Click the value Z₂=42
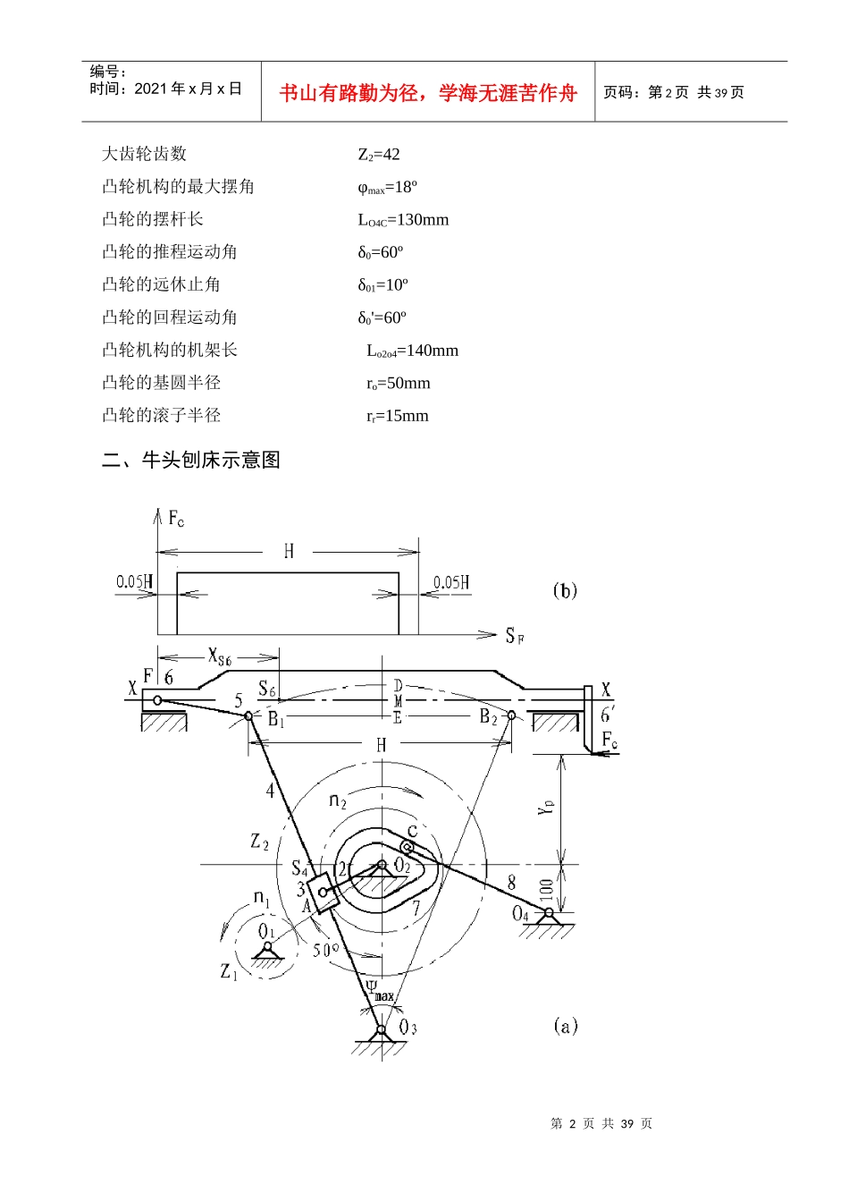click(x=379, y=155)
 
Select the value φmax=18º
click(x=387, y=187)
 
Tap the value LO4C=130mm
click(x=403, y=220)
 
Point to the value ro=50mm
click(x=399, y=383)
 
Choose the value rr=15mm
click(x=398, y=416)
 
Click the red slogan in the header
click(x=428, y=93)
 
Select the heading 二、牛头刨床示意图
click(x=191, y=460)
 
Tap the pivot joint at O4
click(x=549, y=912)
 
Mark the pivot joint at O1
click(x=267, y=946)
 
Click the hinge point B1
click(x=248, y=715)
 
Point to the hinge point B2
click(x=511, y=715)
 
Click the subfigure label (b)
click(x=565, y=591)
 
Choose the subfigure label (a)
click(x=566, y=1026)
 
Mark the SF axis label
click(x=515, y=636)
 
